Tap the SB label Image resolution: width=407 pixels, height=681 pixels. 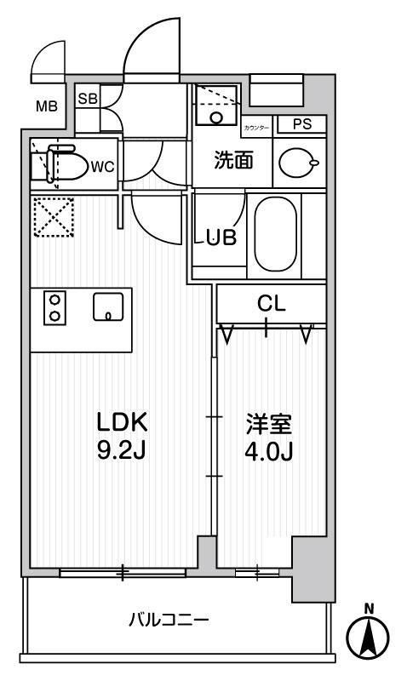pos(87,98)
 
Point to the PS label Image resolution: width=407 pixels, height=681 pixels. pos(301,124)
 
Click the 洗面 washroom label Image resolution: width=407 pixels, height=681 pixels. pos(232,161)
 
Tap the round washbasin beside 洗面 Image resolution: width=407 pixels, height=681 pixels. pos(297,163)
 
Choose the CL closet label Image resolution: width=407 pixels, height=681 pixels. pos(272,303)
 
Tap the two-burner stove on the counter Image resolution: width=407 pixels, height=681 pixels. pos(54,308)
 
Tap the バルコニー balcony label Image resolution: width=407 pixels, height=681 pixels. pos(169,621)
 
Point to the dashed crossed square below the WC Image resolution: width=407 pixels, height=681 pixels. pos(53,217)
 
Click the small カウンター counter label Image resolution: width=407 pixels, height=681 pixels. pos(255,127)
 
